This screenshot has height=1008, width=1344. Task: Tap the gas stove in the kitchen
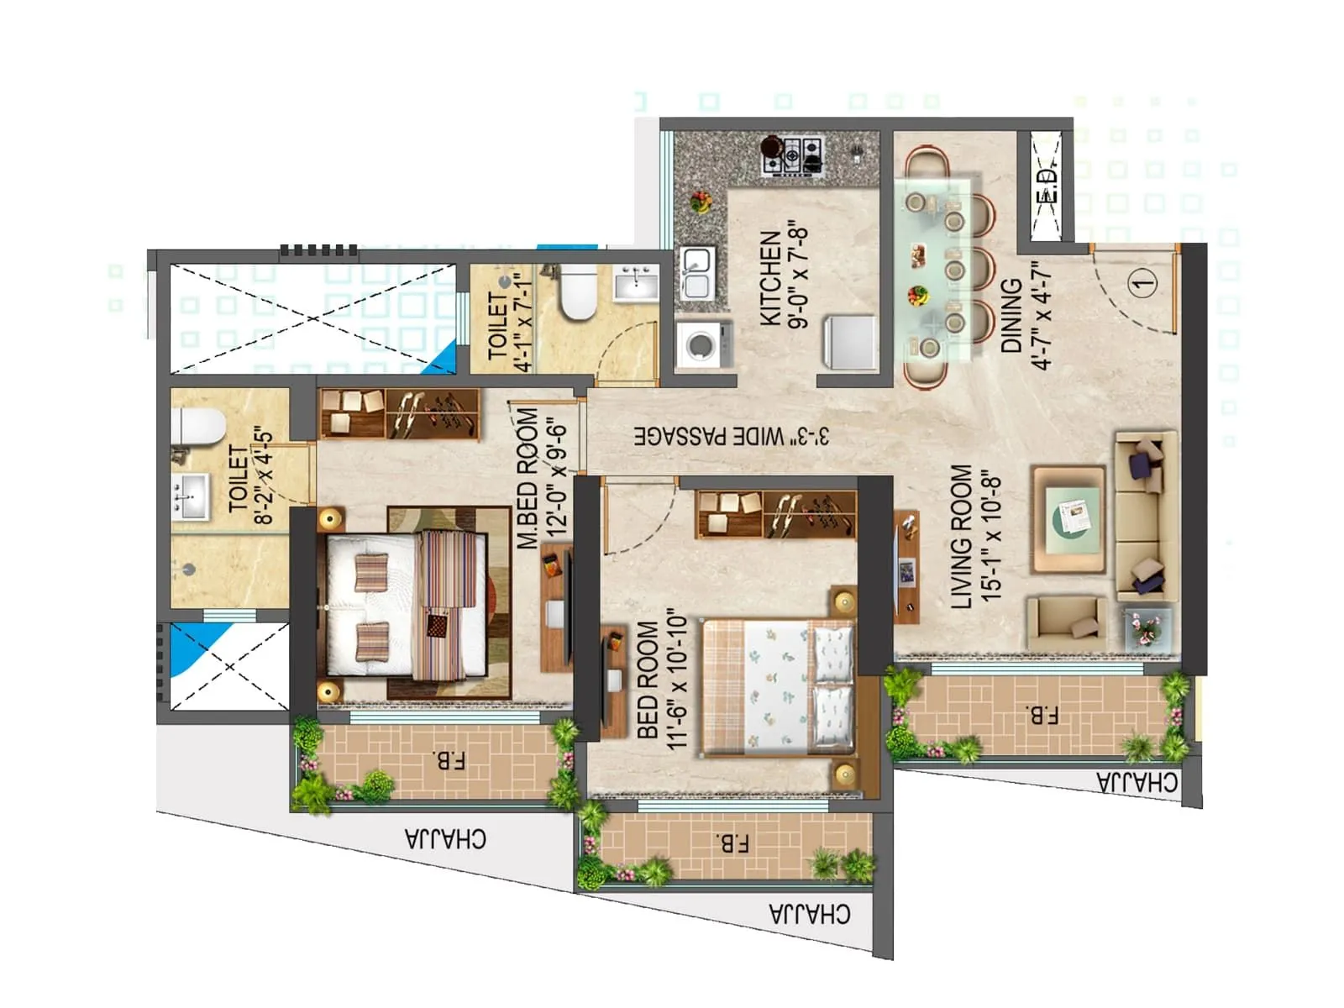tap(792, 155)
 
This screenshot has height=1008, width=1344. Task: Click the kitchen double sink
tap(696, 273)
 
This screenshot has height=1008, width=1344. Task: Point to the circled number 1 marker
tap(1143, 283)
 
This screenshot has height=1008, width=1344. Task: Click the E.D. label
tap(1046, 186)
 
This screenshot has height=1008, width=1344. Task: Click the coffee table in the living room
tap(1068, 519)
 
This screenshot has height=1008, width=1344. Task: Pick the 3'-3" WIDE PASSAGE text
tap(732, 436)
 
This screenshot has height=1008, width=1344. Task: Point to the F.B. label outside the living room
tap(1042, 716)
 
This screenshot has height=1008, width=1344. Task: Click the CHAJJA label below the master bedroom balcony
tap(445, 838)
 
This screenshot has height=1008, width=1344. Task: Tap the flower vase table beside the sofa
tap(1147, 627)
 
